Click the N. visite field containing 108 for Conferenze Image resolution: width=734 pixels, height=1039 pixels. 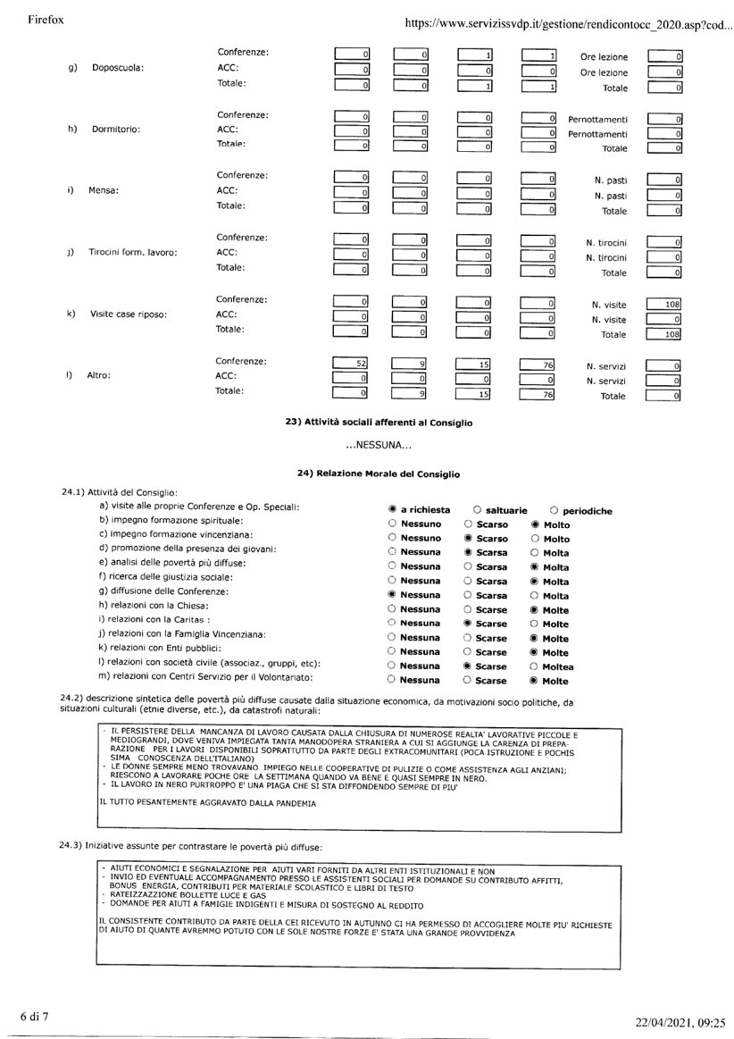[x=664, y=304]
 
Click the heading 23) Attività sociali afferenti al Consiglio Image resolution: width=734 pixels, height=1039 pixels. [x=379, y=422]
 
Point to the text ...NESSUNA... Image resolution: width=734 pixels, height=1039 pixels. [x=378, y=445]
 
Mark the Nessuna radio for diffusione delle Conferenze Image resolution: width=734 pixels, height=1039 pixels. [x=393, y=594]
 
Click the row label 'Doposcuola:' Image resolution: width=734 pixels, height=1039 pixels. [x=118, y=68]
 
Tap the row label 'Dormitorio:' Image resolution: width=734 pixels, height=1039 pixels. [x=118, y=129]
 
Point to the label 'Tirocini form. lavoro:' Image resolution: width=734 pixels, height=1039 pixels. [x=132, y=252]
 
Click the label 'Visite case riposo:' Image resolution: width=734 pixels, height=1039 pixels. [x=129, y=314]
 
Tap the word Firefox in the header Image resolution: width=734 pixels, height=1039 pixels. [x=47, y=19]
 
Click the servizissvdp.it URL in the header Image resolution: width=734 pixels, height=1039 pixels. [x=567, y=24]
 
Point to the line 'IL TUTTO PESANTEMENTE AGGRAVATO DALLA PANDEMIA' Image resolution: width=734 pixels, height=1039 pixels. [x=207, y=803]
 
